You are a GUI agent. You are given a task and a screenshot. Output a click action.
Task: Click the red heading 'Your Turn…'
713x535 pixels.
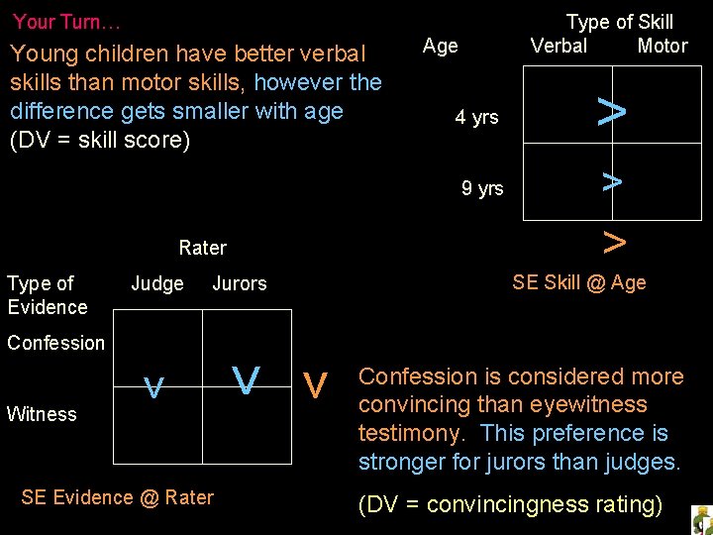coord(67,21)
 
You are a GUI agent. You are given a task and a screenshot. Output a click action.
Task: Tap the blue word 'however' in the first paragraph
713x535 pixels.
coord(291,82)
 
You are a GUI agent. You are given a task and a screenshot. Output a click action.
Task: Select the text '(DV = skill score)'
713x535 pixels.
coord(99,140)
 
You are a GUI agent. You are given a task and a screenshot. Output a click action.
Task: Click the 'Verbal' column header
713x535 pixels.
coord(559,46)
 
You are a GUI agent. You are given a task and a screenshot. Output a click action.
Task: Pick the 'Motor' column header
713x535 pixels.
coord(662,46)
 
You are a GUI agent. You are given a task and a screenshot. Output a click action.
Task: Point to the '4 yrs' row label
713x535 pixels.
coord(476,118)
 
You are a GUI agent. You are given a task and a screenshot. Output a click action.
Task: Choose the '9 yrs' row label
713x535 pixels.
coord(482,188)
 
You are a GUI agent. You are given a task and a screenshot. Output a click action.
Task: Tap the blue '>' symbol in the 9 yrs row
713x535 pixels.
coord(612,180)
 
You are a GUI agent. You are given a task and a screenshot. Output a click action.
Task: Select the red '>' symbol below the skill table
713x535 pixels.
coord(614,241)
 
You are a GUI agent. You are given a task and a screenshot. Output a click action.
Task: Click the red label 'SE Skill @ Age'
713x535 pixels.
coord(578,282)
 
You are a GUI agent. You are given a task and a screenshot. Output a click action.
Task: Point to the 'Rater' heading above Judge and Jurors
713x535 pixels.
coord(202,248)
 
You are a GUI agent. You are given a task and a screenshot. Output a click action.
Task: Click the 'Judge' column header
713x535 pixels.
coord(157,284)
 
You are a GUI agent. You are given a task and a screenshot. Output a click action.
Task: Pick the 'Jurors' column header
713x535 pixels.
coord(240,284)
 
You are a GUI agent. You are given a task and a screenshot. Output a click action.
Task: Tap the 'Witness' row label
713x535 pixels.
coord(42,414)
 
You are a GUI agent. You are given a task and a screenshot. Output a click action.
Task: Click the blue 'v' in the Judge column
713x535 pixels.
coord(153,387)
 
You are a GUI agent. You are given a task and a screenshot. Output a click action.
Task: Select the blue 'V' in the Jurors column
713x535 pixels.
coord(247,379)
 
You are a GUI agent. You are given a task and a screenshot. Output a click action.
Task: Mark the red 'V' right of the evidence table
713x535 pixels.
coord(316,384)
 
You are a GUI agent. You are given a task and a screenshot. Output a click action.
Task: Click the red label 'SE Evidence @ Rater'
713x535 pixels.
coord(117,497)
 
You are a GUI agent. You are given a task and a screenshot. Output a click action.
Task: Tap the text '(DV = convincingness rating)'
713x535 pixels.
coord(510,504)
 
